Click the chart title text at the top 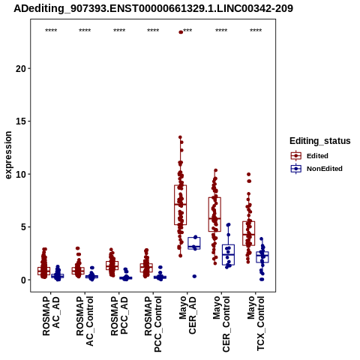pos(153,8)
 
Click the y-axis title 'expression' pos(8,155)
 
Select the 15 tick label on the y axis pos(21,121)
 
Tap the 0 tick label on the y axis pos(24,280)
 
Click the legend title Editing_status pos(319,141)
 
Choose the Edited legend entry pos(310,156)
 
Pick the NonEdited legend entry pos(316,169)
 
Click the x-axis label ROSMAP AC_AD pos(51,316)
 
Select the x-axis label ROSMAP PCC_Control pos(153,324)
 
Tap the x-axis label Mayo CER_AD pos(187,315)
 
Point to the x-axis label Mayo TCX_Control pos(256,323)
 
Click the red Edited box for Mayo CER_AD pos(181,205)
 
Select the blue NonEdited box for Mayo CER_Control pos(228,255)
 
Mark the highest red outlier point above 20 pos(181,32)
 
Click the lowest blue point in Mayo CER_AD pos(194,276)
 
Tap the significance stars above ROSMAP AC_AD pos(51,31)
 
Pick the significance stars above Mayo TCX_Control pos(256,31)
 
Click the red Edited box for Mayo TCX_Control pos(249,233)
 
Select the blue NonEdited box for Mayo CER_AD pos(194,243)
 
